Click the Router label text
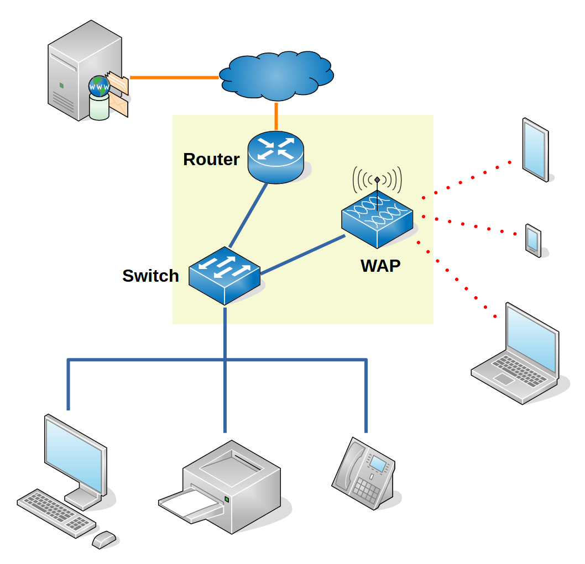coord(211,160)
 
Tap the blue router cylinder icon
coord(275,157)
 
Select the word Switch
coord(150,276)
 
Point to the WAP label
coord(380,266)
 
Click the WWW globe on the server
coord(100,86)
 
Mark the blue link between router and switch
coord(248,215)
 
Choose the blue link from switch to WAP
coord(303,255)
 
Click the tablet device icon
coord(535,149)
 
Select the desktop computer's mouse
coord(104,539)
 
